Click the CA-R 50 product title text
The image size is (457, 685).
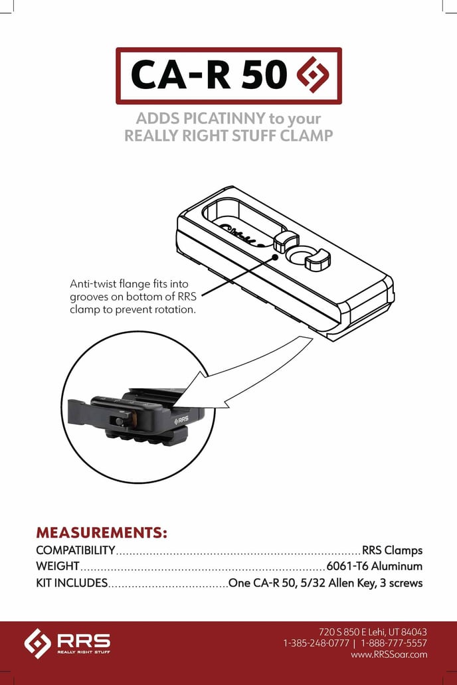coord(209,75)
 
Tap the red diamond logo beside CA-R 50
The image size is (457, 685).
coord(313,75)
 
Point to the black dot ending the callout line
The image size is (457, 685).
coord(274,257)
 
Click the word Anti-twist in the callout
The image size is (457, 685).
coord(91,284)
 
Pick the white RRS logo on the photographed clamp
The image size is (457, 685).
coord(181,420)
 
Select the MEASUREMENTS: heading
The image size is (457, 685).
coord(102,532)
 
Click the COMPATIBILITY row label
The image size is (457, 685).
coord(76,550)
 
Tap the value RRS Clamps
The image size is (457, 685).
coord(393,550)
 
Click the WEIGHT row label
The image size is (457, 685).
coord(58,566)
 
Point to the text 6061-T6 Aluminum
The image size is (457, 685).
coord(375,566)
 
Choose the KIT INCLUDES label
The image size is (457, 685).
coord(72,583)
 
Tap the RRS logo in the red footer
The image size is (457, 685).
coord(67,643)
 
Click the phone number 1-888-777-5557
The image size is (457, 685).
coord(394,643)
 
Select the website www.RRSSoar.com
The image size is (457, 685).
coord(389,654)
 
